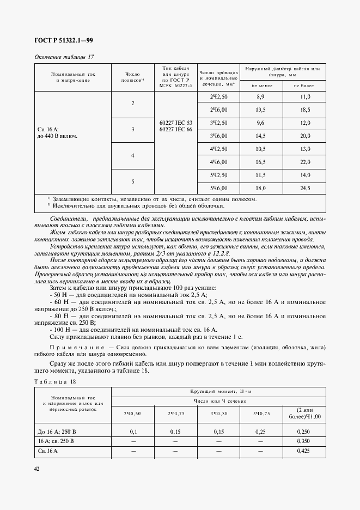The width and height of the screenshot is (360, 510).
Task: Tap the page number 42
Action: [36, 469]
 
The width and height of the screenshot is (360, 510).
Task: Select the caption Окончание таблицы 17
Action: [64, 57]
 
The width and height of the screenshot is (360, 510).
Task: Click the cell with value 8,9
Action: [260, 96]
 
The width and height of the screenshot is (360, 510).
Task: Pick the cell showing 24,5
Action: [305, 188]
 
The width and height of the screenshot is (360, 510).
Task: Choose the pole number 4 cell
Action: [132, 155]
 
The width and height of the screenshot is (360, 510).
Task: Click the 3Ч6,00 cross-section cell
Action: [218, 136]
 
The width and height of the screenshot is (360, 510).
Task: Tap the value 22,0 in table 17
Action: [305, 162]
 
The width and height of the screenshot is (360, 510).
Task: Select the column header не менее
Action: [260, 86]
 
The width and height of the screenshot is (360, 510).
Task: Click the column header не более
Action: [304, 86]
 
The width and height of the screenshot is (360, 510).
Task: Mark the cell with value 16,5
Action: [260, 162]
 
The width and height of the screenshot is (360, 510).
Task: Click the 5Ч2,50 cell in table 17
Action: [218, 175]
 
